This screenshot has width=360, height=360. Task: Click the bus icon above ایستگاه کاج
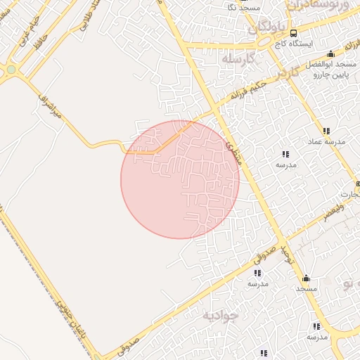(293, 33)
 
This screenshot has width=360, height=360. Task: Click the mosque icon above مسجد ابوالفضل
(330, 53)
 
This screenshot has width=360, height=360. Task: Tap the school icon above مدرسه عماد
(326, 131)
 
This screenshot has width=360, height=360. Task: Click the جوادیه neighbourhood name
(219, 315)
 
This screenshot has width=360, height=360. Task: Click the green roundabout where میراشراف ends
(11, 70)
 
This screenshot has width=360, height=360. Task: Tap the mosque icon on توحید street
(306, 278)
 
